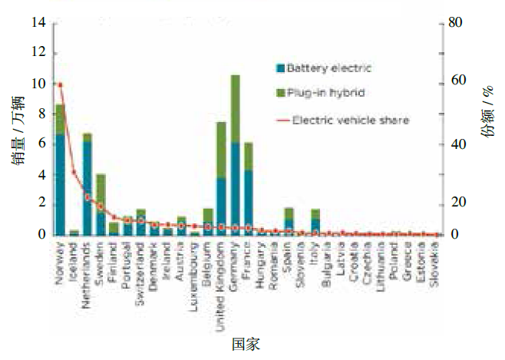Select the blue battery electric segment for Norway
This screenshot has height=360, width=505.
pos(60,184)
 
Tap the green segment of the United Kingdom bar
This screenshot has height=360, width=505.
pos(221,150)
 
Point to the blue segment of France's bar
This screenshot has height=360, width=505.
pos(249,202)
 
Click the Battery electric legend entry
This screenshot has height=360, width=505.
pos(328,68)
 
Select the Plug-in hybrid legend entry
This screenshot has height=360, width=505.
pos(325,93)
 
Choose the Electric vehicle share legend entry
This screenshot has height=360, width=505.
pos(350,120)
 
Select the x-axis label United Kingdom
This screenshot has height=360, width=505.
pos(221,284)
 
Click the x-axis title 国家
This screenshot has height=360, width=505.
pos(246,345)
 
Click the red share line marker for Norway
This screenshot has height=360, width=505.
pos(60,84)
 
